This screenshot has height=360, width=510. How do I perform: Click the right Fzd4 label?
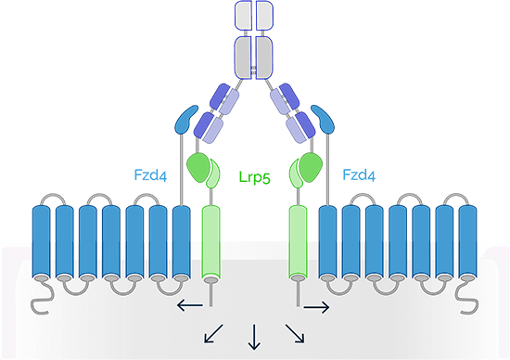click(x=359, y=174)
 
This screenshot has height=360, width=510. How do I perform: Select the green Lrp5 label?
click(x=253, y=176)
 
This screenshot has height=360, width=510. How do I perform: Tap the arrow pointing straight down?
click(x=253, y=337)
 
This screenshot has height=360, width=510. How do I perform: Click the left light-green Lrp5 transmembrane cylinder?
click(x=212, y=243)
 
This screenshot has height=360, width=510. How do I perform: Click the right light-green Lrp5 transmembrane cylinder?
click(x=298, y=243)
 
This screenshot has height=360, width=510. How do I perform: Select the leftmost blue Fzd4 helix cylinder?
click(x=42, y=243)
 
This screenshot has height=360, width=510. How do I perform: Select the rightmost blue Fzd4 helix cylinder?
click(x=467, y=243)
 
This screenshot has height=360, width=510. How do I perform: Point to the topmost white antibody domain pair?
click(x=254, y=14)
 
